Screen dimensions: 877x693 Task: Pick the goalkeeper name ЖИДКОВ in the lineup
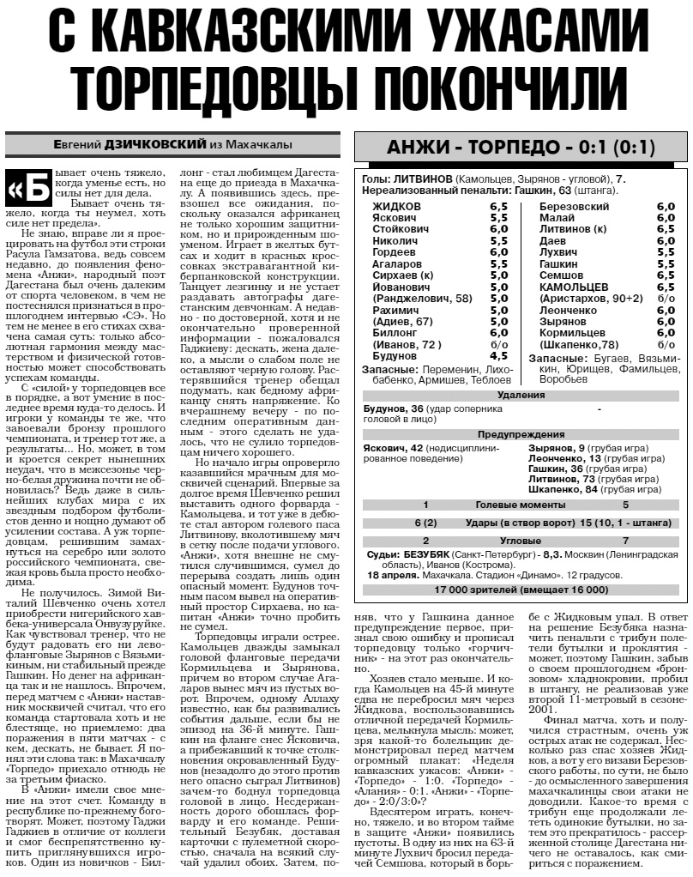(396, 207)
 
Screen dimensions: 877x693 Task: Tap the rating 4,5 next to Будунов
(498, 354)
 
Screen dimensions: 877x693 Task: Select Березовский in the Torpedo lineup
(574, 207)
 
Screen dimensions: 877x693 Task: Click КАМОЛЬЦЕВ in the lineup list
(575, 287)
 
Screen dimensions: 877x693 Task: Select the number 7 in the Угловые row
(626, 541)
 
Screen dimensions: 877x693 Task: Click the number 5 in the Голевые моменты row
(626, 505)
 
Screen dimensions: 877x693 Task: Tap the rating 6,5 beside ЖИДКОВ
(498, 207)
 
